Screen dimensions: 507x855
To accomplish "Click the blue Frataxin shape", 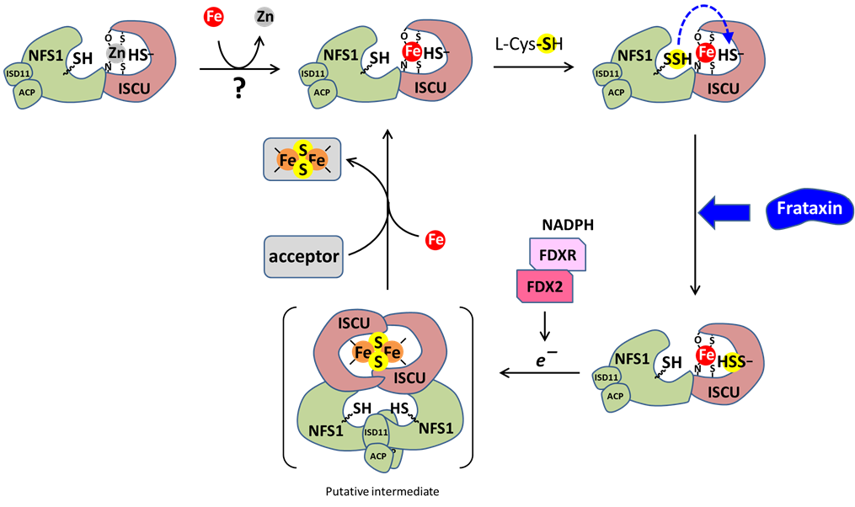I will [x=810, y=210].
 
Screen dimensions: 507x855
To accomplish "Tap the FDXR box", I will [x=558, y=254].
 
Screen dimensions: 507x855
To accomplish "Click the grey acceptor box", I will [x=303, y=256].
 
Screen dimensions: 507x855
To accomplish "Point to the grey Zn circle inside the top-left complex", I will [x=116, y=53].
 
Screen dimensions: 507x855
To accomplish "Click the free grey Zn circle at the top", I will [x=265, y=16].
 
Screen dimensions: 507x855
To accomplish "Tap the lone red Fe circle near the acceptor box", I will [x=436, y=240].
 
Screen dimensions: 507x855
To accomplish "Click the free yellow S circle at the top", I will [x=548, y=43].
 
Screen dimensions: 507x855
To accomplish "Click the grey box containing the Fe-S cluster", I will [x=302, y=159].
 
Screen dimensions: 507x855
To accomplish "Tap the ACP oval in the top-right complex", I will [x=617, y=92].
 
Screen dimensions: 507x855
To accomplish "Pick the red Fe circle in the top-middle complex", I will [x=412, y=52].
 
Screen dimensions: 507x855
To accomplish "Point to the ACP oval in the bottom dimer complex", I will [x=378, y=456].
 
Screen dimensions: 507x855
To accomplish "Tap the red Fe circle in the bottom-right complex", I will [x=706, y=356].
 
